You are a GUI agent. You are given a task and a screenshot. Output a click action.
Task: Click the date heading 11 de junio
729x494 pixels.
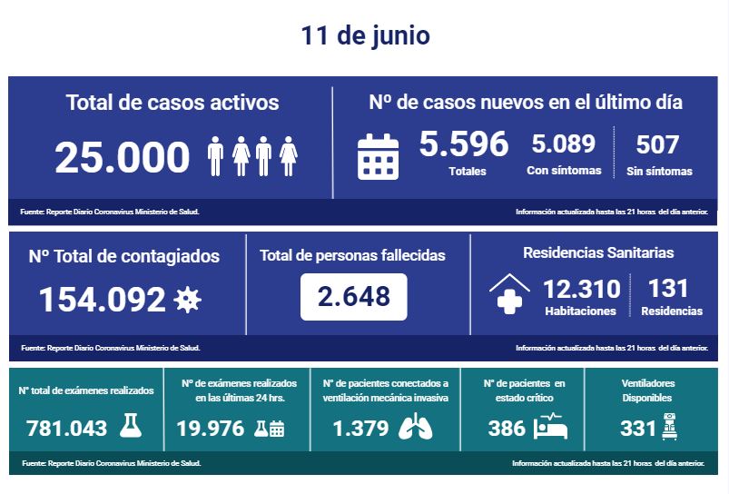[x=365, y=35]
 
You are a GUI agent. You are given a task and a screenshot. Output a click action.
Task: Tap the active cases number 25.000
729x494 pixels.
[x=123, y=157]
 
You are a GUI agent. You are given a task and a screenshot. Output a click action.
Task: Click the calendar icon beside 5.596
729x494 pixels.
[x=379, y=155]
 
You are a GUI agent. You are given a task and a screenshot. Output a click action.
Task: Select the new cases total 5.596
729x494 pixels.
[x=464, y=143]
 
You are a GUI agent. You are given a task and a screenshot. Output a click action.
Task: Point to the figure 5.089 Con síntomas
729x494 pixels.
[x=563, y=144]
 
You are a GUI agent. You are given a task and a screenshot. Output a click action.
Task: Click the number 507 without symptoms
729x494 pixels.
[x=657, y=144]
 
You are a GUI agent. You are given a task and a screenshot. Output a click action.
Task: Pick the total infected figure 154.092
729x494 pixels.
[x=102, y=299]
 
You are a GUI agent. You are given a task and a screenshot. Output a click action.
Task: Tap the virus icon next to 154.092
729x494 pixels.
[x=187, y=299]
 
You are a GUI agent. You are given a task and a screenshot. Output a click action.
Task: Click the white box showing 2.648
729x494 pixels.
[x=353, y=296]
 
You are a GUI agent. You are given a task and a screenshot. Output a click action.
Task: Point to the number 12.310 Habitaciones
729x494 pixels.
[x=581, y=290]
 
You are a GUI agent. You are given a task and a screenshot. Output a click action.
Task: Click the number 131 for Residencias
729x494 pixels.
[x=669, y=289]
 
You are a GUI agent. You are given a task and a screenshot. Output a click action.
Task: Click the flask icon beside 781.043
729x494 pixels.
[x=133, y=427]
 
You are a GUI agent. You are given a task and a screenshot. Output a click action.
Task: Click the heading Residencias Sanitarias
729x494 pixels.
[x=598, y=252]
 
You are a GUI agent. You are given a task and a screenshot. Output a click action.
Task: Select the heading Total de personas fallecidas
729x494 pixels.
[x=352, y=255]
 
